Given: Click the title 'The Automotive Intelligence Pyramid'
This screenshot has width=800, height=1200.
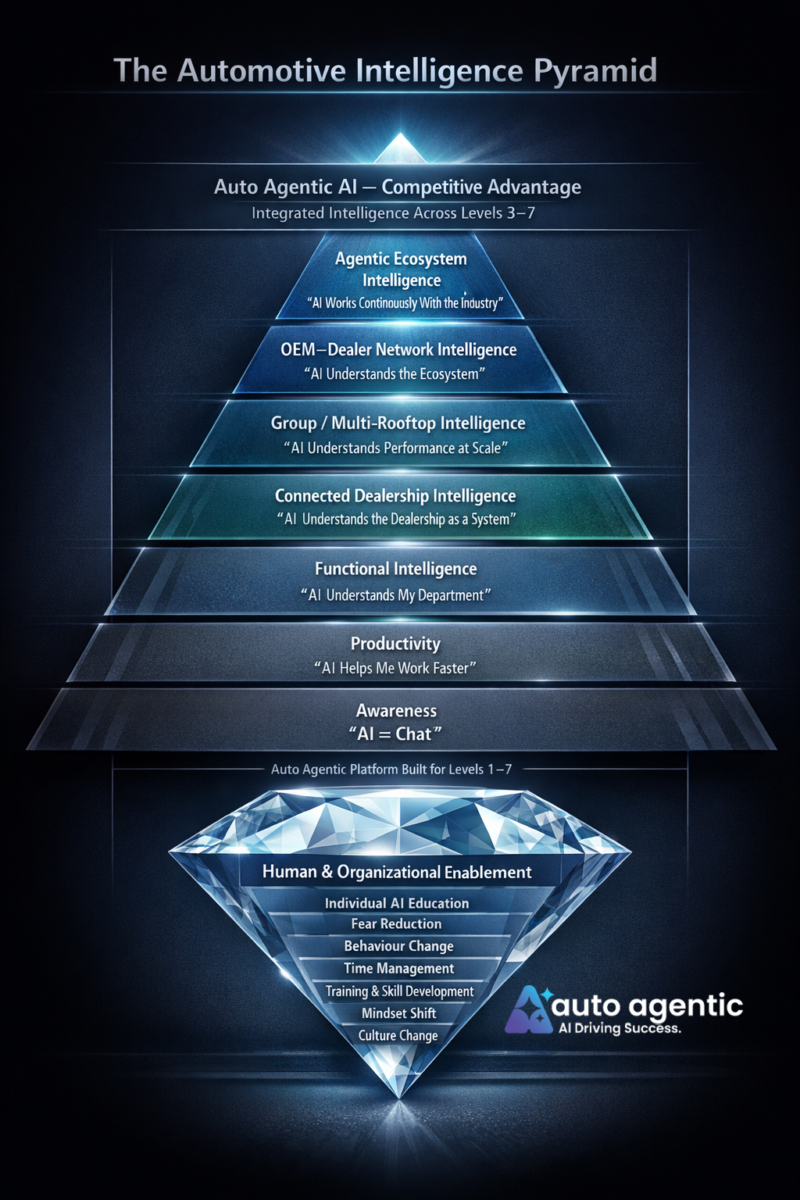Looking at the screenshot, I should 385,70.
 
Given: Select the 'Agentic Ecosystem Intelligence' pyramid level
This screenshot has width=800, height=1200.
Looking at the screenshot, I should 401,270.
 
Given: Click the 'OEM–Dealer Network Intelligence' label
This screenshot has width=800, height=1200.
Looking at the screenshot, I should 398,350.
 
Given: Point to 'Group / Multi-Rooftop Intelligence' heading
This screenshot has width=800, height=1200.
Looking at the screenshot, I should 398,423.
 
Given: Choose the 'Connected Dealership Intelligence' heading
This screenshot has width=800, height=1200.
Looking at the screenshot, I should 395,496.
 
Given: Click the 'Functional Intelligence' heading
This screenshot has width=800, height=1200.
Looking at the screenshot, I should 395,569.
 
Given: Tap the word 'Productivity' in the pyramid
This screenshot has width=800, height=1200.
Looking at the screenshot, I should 395,644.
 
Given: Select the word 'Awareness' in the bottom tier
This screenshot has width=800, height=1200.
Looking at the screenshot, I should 396,711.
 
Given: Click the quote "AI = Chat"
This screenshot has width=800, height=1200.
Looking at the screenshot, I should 395,734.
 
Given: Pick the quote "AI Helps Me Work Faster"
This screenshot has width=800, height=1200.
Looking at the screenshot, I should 395,669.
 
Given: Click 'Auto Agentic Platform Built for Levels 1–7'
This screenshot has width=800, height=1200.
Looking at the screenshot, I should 391,770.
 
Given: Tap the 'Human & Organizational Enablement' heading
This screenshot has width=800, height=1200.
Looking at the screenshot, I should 397,872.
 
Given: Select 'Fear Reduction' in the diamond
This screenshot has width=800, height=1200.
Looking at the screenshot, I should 396,924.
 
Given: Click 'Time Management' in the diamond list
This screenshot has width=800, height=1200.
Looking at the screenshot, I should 398,969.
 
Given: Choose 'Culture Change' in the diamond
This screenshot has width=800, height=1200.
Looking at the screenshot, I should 398,1036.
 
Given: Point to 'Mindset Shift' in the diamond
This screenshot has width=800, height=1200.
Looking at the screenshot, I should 398,1013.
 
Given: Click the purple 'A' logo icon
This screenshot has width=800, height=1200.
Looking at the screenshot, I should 529,1011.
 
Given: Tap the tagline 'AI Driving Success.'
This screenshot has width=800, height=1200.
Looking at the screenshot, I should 620,1029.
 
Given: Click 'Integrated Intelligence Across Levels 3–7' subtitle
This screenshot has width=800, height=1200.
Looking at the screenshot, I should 393,213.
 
